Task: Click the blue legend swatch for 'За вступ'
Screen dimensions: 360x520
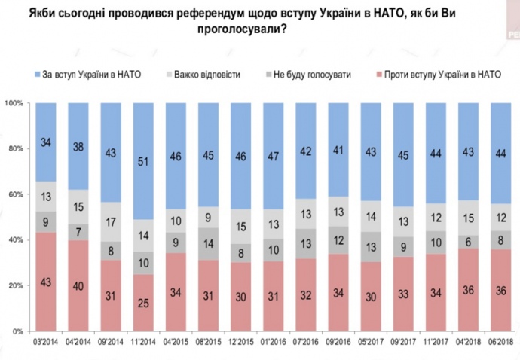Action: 38,74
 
